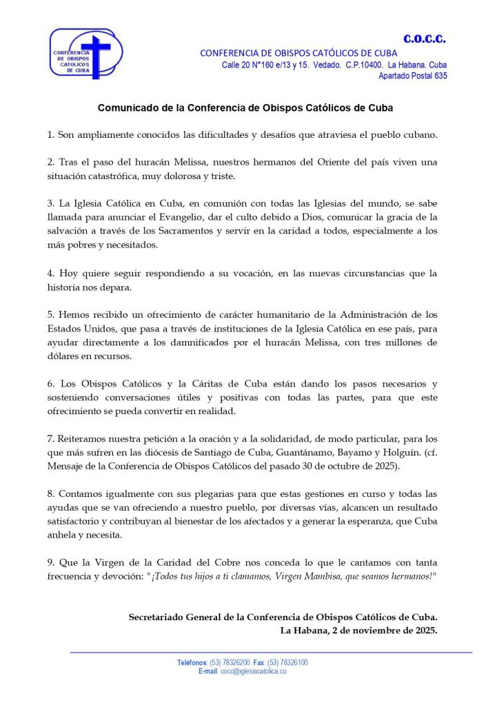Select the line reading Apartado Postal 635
click(413, 76)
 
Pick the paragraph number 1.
click(50, 134)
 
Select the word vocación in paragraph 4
click(244, 273)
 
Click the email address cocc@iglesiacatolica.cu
click(254, 671)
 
